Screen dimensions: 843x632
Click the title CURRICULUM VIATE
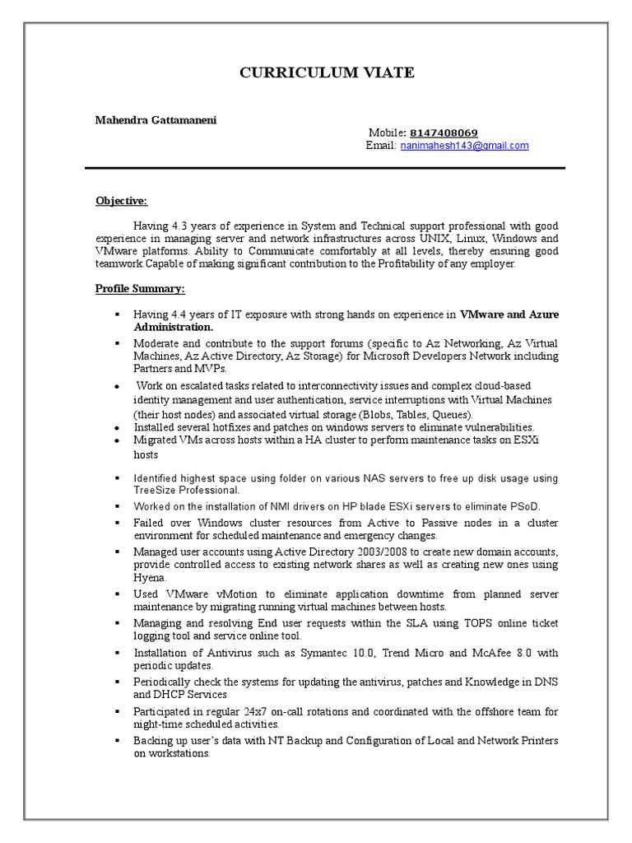[327, 73]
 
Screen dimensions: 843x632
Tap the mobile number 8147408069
[444, 133]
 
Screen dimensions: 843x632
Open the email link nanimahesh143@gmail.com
[465, 146]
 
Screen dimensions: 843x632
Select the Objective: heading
[121, 200]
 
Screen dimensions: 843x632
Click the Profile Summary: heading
[140, 289]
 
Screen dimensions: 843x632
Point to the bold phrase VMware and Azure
[509, 314]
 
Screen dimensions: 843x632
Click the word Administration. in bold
[174, 327]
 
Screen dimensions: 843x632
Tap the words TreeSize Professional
[180, 490]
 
